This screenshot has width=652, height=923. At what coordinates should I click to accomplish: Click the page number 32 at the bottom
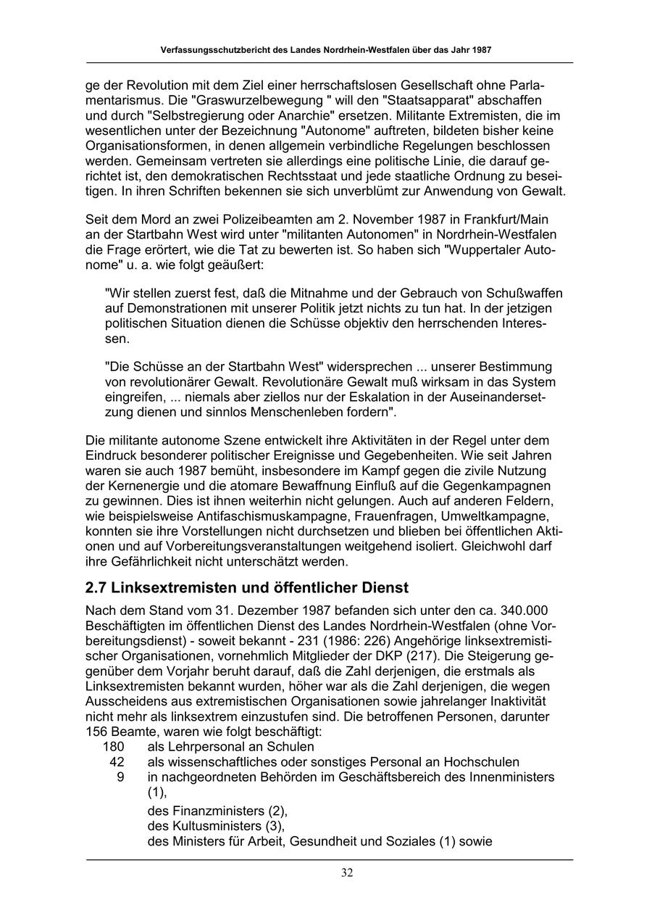pos(347,873)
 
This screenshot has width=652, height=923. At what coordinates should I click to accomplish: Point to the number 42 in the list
pos(117,762)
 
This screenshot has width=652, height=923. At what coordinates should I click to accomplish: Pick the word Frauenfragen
pos(393,516)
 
